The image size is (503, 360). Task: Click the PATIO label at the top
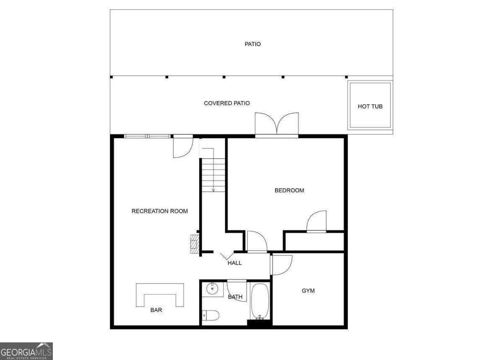pyautogui.click(x=252, y=44)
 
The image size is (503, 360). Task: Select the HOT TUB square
pyautogui.click(x=370, y=106)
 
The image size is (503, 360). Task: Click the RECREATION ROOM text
pyautogui.click(x=159, y=211)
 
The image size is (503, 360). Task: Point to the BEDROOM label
pyautogui.click(x=289, y=190)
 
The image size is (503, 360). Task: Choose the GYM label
pyautogui.click(x=308, y=290)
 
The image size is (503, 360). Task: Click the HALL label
pyautogui.click(x=235, y=263)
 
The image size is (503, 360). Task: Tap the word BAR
pyautogui.click(x=156, y=311)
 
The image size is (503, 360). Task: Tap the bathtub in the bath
pyautogui.click(x=260, y=301)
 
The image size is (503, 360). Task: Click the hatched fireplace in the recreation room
pyautogui.click(x=194, y=243)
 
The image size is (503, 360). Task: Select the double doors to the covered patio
pyautogui.click(x=277, y=125)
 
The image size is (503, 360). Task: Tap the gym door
pyautogui.click(x=281, y=264)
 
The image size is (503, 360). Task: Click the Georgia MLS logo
pyautogui.click(x=26, y=351)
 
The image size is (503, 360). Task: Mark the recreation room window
pyautogui.click(x=148, y=136)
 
